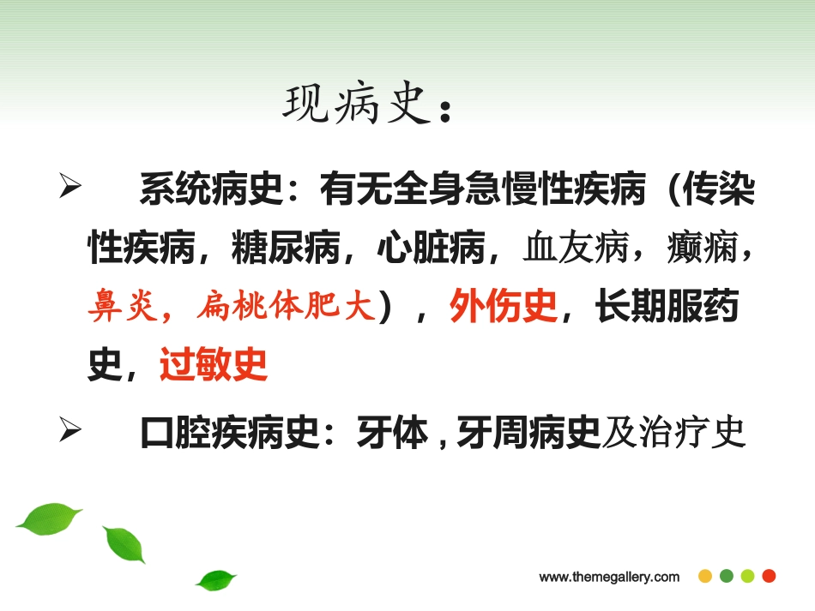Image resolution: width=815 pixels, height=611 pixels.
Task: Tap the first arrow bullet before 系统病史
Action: point(69,189)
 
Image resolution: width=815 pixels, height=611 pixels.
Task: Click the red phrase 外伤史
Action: point(504,308)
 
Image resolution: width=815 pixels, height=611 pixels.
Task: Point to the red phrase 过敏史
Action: point(214,366)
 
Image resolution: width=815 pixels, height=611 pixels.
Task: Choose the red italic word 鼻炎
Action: point(115,308)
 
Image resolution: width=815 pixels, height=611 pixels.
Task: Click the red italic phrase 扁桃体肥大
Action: point(287,308)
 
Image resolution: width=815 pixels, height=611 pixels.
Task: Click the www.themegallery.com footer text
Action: point(609,577)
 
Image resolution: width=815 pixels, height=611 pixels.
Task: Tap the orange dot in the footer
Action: point(705,576)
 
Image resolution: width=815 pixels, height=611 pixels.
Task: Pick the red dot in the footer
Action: point(769,576)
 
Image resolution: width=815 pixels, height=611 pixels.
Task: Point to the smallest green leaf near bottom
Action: point(215,580)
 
